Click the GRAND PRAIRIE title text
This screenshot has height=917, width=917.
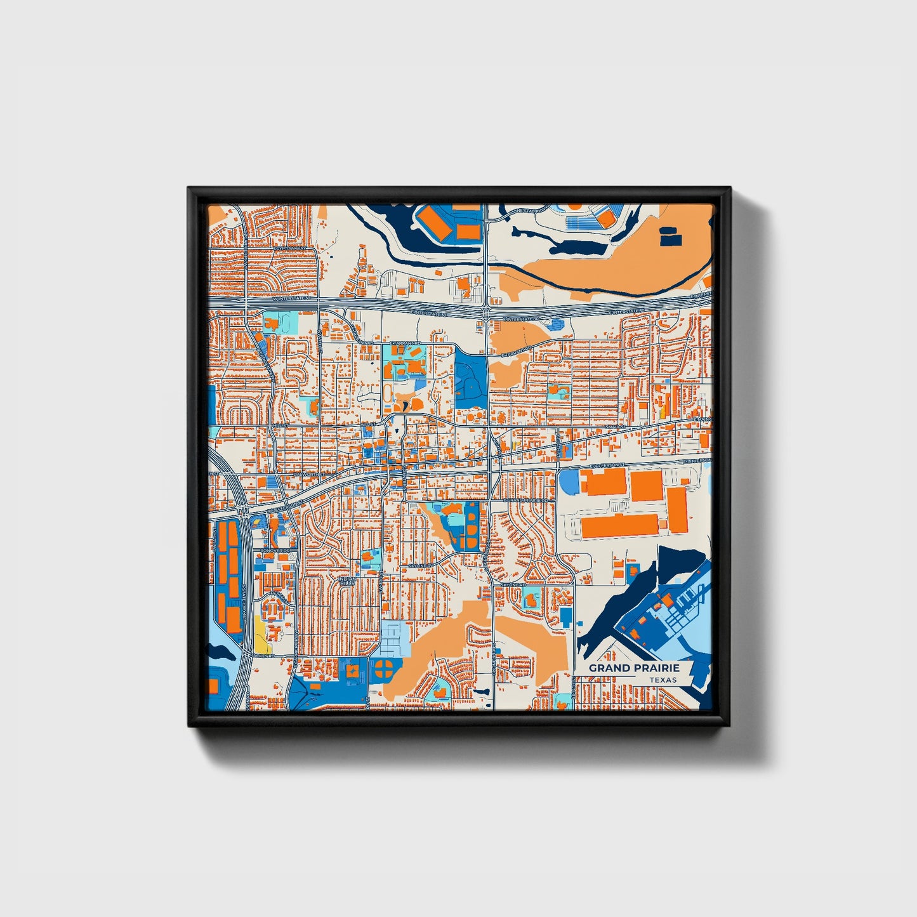point(633,668)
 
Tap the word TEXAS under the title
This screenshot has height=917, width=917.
point(663,680)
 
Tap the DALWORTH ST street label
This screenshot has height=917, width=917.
point(308,473)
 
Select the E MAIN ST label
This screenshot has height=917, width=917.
point(702,419)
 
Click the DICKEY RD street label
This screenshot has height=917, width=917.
point(263,654)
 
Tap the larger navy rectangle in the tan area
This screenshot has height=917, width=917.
point(671,239)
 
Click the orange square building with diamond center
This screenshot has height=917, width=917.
point(351,669)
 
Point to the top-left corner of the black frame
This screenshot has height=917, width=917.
point(188,188)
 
